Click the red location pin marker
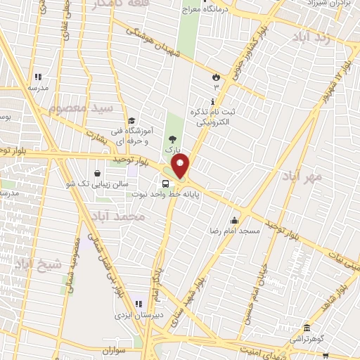[181, 167]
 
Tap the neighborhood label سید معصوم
[80, 110]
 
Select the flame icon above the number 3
[216, 76]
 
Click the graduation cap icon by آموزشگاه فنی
[131, 120]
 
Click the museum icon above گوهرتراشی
[307, 328]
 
